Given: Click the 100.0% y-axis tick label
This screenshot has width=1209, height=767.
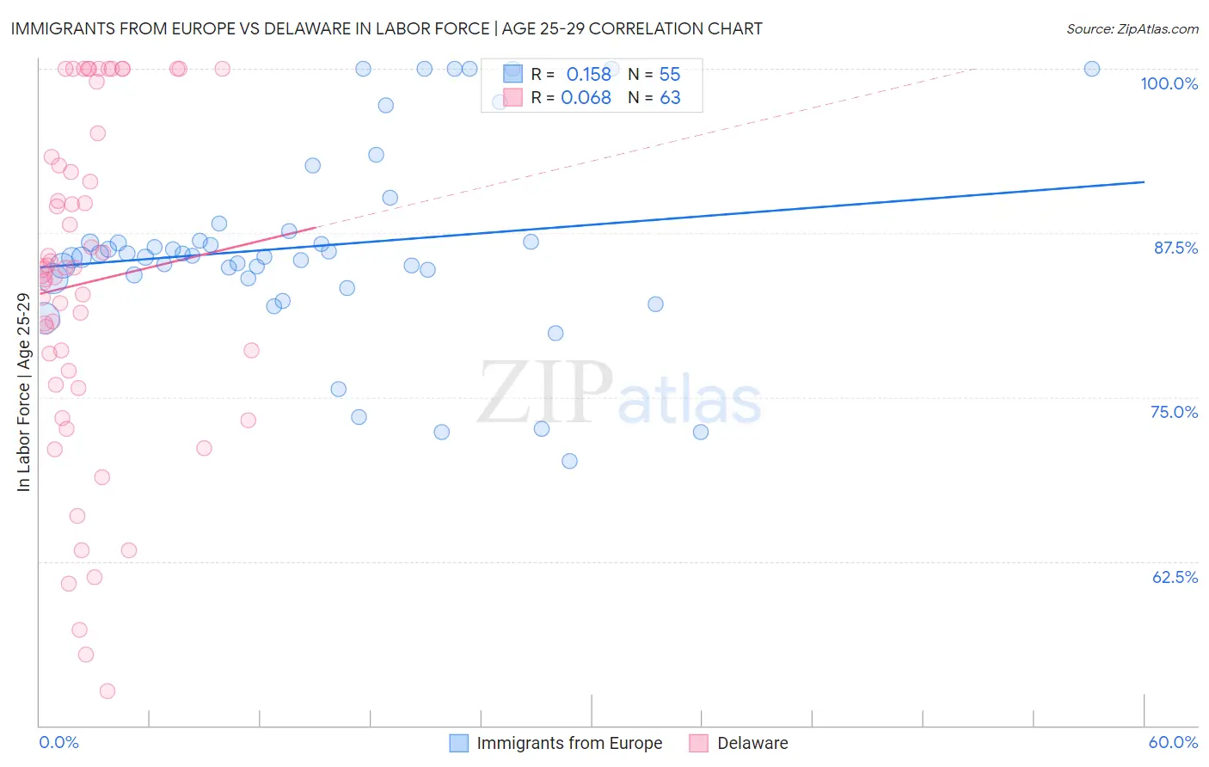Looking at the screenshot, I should (x=1169, y=83).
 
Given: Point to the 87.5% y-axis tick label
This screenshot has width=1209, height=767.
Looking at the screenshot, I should (x=1175, y=248).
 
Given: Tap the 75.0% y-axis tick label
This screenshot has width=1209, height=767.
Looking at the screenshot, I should (x=1174, y=412).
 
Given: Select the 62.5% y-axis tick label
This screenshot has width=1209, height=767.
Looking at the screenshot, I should (x=1175, y=577).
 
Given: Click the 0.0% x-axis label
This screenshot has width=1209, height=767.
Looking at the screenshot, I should (x=58, y=742).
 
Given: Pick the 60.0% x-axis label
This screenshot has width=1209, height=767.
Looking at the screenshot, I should (x=1173, y=742).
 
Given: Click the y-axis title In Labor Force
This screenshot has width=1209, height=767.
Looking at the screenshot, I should (x=23, y=392).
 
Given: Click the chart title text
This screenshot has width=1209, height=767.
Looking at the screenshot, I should (x=386, y=28).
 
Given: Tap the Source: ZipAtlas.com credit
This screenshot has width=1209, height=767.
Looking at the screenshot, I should (x=1132, y=28).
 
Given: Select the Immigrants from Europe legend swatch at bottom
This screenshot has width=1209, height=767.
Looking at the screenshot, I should (x=459, y=743).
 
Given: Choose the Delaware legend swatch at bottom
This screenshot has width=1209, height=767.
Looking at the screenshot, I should (x=698, y=743).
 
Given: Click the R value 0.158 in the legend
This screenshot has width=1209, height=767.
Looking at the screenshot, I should (x=588, y=75).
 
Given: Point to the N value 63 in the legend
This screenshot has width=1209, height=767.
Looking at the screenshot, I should (x=670, y=98).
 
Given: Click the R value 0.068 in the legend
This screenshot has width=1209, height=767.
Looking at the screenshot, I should (x=586, y=98).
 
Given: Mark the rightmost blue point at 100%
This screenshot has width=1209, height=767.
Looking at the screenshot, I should (x=1092, y=69).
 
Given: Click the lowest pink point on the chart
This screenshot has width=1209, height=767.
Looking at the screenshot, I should (x=107, y=690).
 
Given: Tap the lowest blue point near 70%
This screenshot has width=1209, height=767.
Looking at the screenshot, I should (x=569, y=461).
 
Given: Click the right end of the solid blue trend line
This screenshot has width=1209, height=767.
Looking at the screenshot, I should (x=1144, y=182).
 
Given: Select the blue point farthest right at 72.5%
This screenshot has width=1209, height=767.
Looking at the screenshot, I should (x=701, y=432).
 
